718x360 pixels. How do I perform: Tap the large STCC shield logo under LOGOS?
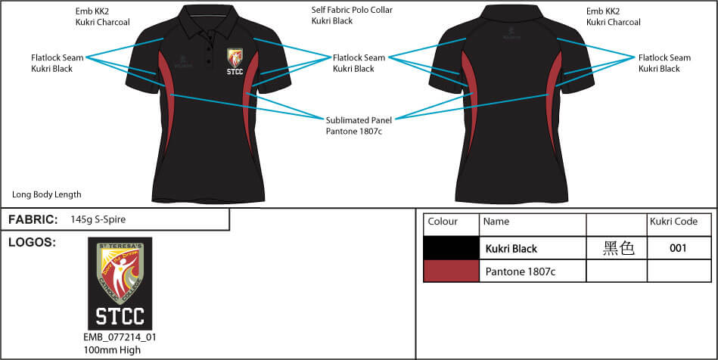120,283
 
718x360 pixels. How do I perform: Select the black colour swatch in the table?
451,248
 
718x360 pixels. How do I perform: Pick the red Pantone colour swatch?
451,271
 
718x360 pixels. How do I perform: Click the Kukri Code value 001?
678,248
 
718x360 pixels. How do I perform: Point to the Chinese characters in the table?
617,248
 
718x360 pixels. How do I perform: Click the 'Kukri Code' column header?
673,222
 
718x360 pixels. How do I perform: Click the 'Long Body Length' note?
47,194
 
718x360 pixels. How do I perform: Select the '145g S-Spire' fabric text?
98,219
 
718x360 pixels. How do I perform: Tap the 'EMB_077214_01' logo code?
120,337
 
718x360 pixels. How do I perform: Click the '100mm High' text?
112,350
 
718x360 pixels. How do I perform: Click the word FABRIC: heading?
33,219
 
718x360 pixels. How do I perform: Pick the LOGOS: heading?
33,242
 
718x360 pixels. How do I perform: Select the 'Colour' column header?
443,222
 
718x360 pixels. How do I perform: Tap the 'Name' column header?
496,222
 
